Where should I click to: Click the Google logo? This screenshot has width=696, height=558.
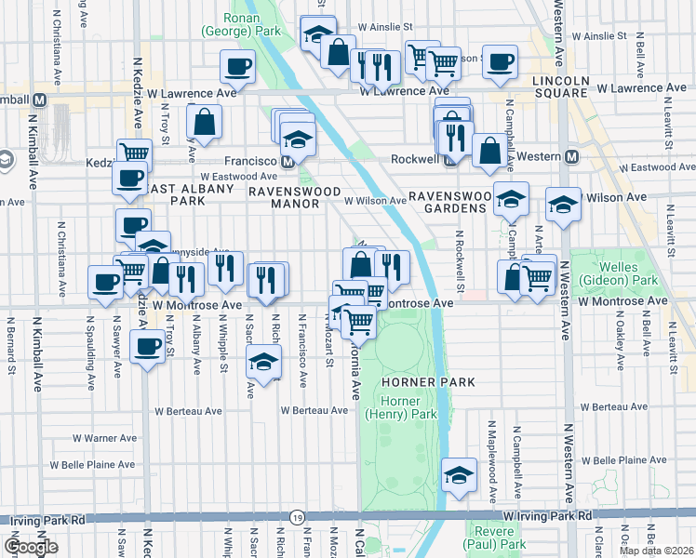click(x=32, y=548)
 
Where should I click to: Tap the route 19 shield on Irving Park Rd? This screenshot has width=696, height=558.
click(x=296, y=517)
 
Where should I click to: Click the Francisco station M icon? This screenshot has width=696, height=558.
click(x=288, y=161)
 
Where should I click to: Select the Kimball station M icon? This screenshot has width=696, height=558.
click(x=40, y=100)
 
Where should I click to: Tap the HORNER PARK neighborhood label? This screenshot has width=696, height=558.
click(x=427, y=382)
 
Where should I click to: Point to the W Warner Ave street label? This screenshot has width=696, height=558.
click(x=105, y=438)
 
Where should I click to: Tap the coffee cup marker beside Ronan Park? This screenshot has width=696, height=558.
click(x=236, y=67)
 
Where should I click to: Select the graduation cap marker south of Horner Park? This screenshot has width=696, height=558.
click(x=459, y=474)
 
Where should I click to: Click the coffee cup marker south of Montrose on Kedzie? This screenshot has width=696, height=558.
click(x=146, y=349)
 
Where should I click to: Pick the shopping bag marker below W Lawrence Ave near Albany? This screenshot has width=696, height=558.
click(x=203, y=122)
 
